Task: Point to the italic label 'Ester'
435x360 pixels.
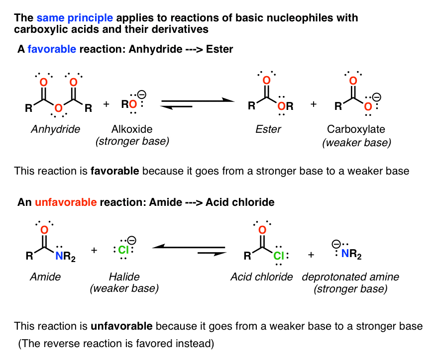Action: coord(269,130)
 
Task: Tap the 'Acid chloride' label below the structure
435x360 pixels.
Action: coord(261,276)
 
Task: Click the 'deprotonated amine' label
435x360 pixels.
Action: coord(350,276)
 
